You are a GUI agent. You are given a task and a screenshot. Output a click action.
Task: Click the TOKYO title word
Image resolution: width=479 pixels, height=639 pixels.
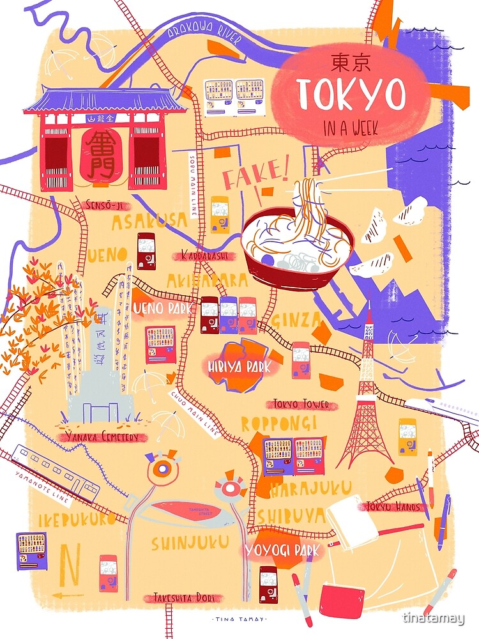[351, 95]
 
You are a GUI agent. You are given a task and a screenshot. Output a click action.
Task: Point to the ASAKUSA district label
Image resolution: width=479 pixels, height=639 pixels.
[150, 222]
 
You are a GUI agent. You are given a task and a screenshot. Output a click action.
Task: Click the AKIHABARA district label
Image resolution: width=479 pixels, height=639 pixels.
[207, 281]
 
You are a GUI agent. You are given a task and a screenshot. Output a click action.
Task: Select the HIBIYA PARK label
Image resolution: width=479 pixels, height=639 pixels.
[239, 367]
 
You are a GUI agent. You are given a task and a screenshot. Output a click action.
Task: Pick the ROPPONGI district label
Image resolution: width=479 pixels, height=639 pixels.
[278, 424]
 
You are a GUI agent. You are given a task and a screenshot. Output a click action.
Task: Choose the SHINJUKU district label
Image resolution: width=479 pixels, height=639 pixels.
[190, 543]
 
